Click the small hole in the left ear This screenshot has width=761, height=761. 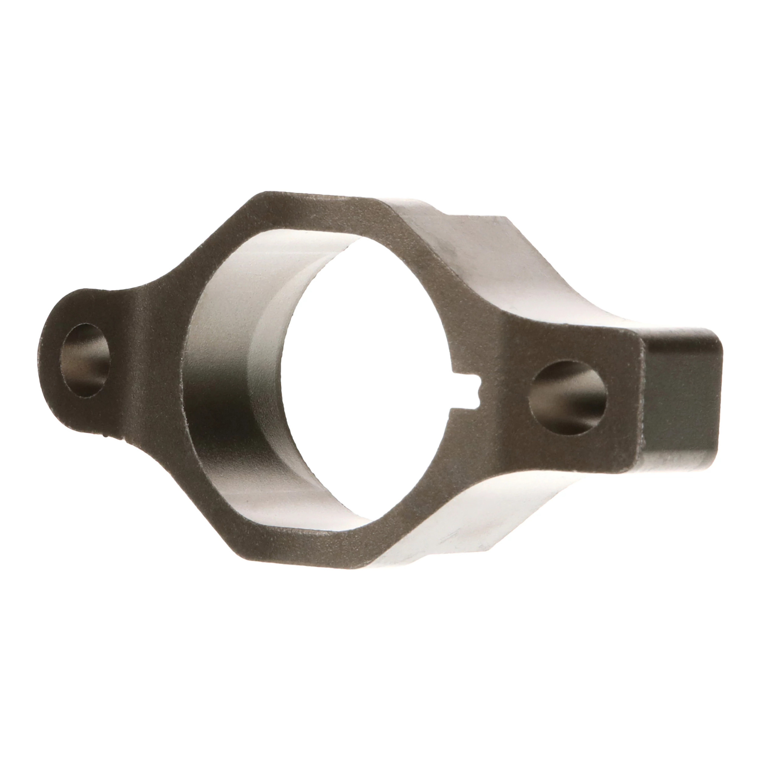pos(85,360)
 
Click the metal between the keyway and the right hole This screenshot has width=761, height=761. pos(508,394)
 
